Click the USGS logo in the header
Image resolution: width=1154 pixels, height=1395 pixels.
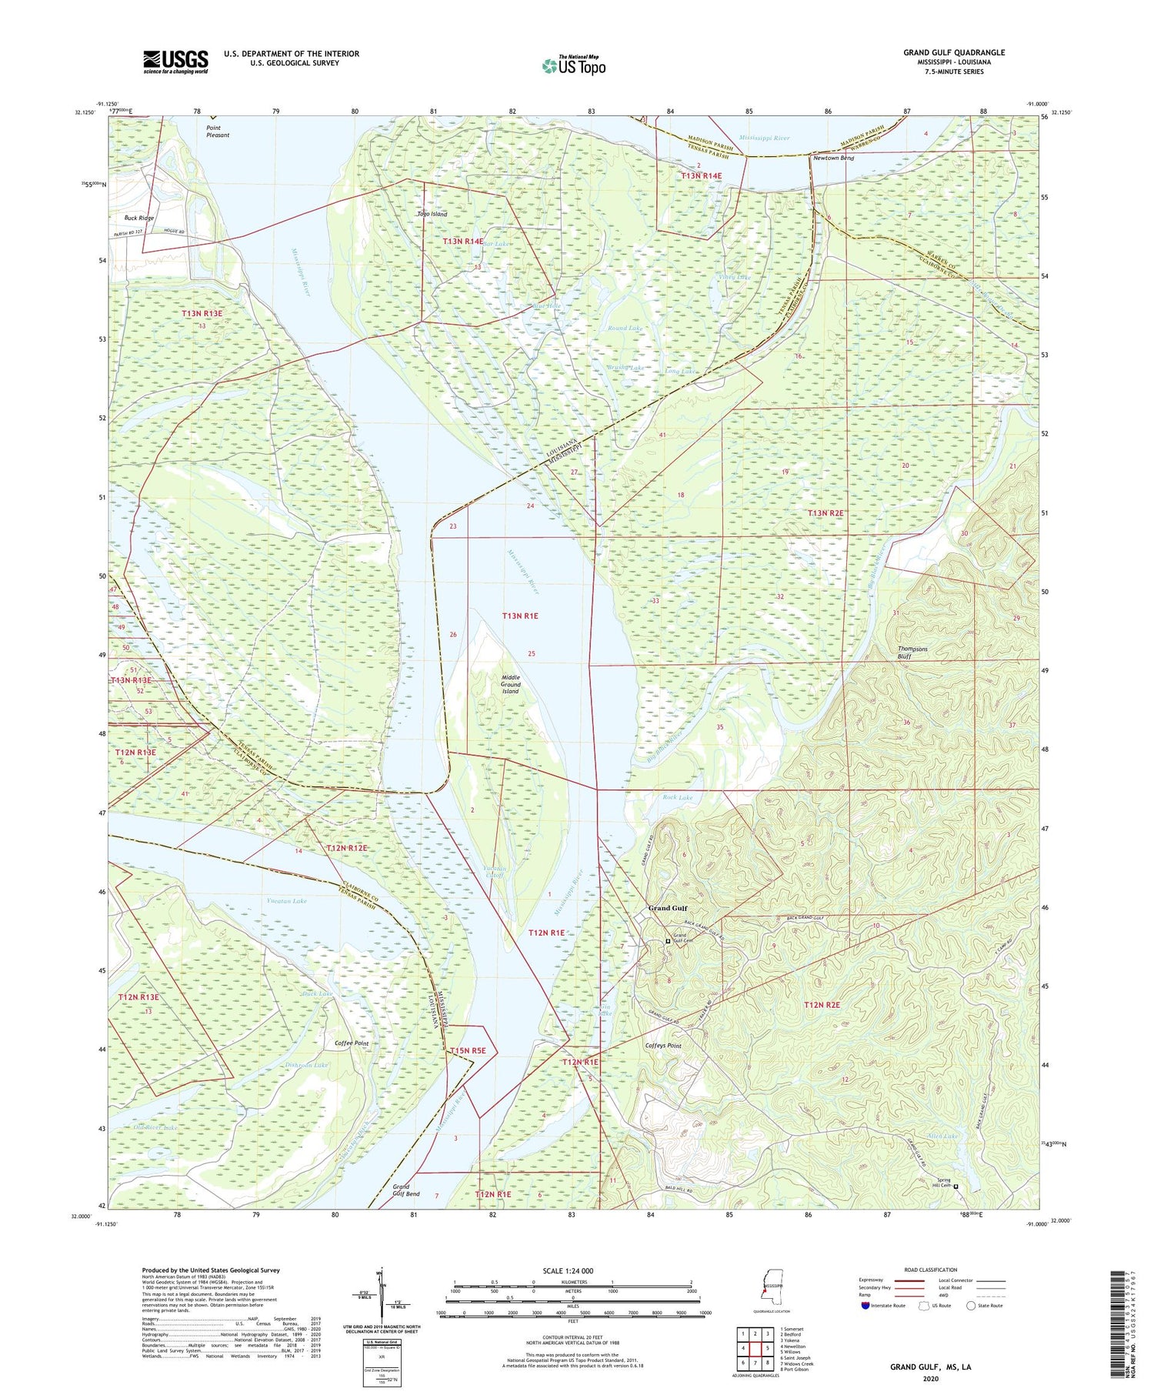(x=175, y=62)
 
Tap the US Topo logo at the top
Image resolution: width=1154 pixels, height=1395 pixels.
(x=573, y=66)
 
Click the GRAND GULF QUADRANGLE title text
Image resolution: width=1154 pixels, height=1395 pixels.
(x=953, y=53)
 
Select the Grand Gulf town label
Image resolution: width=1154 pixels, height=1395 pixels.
(x=667, y=908)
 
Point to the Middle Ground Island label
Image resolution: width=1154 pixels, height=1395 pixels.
(x=510, y=684)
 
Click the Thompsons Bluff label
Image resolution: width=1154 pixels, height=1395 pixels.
(x=912, y=652)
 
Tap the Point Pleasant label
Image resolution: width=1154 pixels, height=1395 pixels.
(x=218, y=131)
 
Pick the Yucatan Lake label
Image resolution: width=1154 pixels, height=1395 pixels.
(x=286, y=900)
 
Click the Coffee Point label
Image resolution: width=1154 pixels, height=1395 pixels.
(x=352, y=1043)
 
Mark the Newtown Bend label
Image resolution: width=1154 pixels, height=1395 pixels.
(x=833, y=158)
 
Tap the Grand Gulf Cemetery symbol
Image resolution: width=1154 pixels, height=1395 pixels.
(x=668, y=940)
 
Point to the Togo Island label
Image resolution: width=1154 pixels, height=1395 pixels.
(x=432, y=214)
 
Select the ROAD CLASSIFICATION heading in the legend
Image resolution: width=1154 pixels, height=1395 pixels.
(x=931, y=1270)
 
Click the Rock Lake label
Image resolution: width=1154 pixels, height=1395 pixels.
(x=677, y=797)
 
